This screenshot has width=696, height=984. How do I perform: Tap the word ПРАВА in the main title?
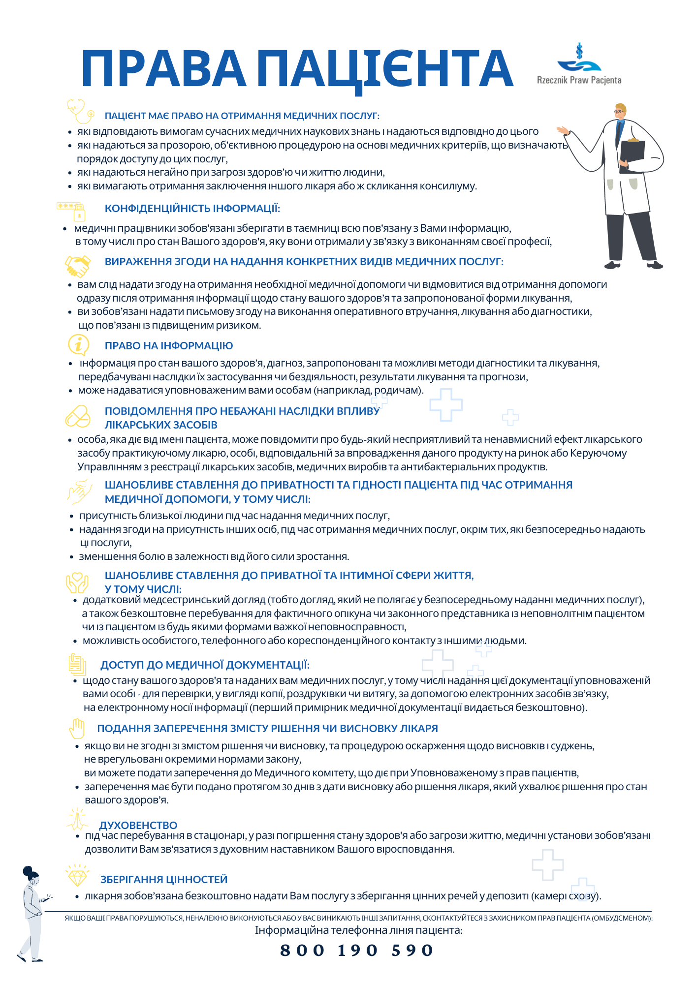click(163, 69)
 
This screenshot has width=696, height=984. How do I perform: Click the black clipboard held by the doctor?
click(632, 156)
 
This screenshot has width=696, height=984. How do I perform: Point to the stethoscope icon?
click(80, 111)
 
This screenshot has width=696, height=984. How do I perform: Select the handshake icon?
click(78, 266)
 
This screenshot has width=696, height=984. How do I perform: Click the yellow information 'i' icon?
click(78, 344)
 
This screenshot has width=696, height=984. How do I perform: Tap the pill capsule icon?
click(78, 416)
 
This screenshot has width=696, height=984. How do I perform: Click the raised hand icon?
click(77, 728)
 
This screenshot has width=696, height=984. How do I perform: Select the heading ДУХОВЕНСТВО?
click(138, 825)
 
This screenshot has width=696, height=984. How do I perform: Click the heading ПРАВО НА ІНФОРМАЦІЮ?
click(169, 346)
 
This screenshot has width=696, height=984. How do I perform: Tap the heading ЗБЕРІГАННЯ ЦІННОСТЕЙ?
click(164, 879)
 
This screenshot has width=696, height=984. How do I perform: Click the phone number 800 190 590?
click(357, 950)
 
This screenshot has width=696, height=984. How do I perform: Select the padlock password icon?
click(72, 211)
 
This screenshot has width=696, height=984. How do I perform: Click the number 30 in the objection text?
click(287, 787)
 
